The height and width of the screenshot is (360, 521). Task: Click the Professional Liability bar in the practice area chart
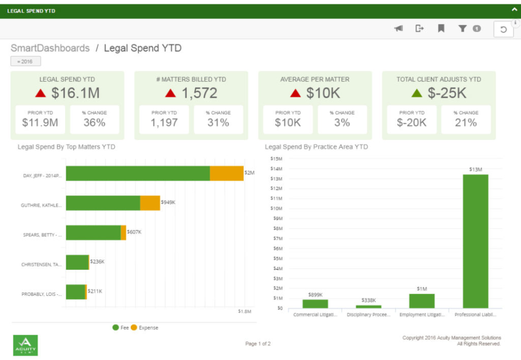point(475,241)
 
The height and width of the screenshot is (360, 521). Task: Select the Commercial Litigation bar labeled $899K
point(315,304)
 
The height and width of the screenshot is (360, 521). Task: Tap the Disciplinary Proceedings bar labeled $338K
point(368,306)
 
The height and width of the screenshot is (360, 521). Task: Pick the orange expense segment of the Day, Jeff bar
point(226,173)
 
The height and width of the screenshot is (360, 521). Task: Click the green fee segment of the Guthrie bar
point(103,203)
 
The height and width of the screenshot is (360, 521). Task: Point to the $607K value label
point(134,232)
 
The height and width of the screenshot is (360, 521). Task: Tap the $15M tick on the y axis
point(276,159)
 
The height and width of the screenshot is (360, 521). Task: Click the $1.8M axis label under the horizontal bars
point(245,311)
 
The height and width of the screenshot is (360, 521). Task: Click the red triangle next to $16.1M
point(40,93)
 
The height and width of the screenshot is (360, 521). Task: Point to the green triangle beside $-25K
point(417,93)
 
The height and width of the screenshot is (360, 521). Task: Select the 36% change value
point(94,122)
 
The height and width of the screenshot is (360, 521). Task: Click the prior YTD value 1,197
point(164,122)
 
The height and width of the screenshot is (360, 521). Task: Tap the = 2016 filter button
point(26,61)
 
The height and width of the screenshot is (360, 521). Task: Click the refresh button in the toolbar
point(503,29)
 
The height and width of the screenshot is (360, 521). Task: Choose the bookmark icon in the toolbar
point(441,29)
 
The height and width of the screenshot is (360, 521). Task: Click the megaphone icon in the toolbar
point(398,29)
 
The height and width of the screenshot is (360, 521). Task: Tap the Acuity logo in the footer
point(26,345)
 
